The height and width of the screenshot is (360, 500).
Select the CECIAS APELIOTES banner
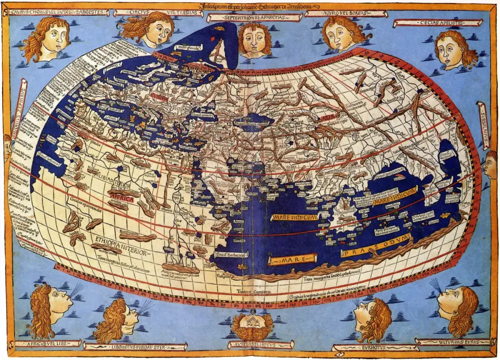pos(425,22)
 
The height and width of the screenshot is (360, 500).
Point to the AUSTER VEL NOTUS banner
pos(261,345)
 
